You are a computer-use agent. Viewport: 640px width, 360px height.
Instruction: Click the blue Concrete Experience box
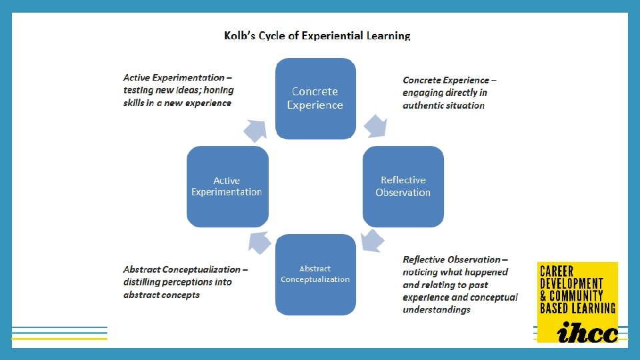[x=315, y=98]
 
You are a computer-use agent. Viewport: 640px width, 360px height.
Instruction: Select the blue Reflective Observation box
[x=403, y=186]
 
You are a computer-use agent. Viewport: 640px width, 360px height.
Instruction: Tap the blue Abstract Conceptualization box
[x=315, y=274]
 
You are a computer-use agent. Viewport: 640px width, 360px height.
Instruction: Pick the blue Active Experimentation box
[x=227, y=186]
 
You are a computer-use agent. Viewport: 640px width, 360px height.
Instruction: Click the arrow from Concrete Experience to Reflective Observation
[x=375, y=125]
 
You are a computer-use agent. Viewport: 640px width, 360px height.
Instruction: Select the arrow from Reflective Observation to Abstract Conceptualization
[x=371, y=241]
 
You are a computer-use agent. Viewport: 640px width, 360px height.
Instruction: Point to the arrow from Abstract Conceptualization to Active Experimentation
[x=259, y=241]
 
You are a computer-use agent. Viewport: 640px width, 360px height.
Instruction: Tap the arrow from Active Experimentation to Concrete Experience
[x=255, y=129]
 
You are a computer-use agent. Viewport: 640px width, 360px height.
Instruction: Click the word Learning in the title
[x=389, y=35]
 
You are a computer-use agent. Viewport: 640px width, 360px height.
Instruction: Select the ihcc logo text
[x=578, y=331]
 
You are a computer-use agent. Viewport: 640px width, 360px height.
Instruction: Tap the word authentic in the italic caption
[x=425, y=105]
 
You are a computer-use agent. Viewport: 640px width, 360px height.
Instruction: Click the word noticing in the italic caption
[x=421, y=272]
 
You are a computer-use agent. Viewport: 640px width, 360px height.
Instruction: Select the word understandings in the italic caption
[x=436, y=309]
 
